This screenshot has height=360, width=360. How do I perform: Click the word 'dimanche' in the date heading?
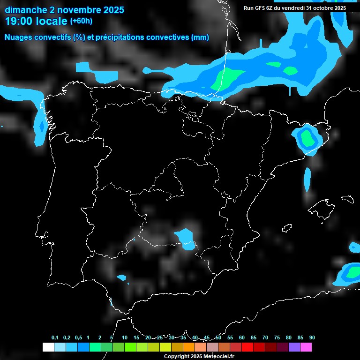coord(26,9)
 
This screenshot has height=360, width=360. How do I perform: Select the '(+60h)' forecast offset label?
coord(81,21)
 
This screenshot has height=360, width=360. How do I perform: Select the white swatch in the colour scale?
coord(47,347)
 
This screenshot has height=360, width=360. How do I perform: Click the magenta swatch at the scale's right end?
coord(306,347)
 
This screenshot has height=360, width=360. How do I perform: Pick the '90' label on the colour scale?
coord(312,338)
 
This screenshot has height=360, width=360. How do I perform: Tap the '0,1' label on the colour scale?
coord(55,338)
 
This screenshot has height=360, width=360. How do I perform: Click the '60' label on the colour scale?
coord(242,338)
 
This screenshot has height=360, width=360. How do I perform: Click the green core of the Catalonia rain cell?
coord(308,138)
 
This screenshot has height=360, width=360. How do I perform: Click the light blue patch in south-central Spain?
coord(186,238)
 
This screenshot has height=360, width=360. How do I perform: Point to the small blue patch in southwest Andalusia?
coord(122,278)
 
